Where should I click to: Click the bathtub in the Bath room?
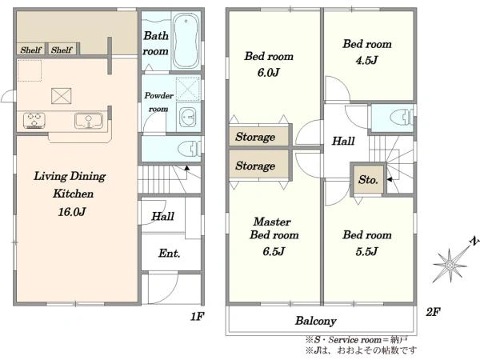point(186,41)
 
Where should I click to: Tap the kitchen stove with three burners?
point(34,120)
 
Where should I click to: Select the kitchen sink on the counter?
point(89,120)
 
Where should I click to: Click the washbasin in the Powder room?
point(189,117)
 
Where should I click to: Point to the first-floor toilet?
point(190,149)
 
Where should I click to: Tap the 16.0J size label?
point(72,211)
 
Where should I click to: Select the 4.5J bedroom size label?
point(366,60)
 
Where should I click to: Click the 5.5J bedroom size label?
point(366,251)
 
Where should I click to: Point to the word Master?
point(272,222)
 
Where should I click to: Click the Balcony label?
point(316,321)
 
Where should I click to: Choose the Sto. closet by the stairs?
point(368,180)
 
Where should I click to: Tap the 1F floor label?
point(197,316)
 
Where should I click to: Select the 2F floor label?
point(433,312)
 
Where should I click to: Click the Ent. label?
point(169,253)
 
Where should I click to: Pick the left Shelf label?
point(30,50)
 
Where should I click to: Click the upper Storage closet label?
point(255,137)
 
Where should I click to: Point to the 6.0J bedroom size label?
point(269,73)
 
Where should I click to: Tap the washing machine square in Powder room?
point(188,89)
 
